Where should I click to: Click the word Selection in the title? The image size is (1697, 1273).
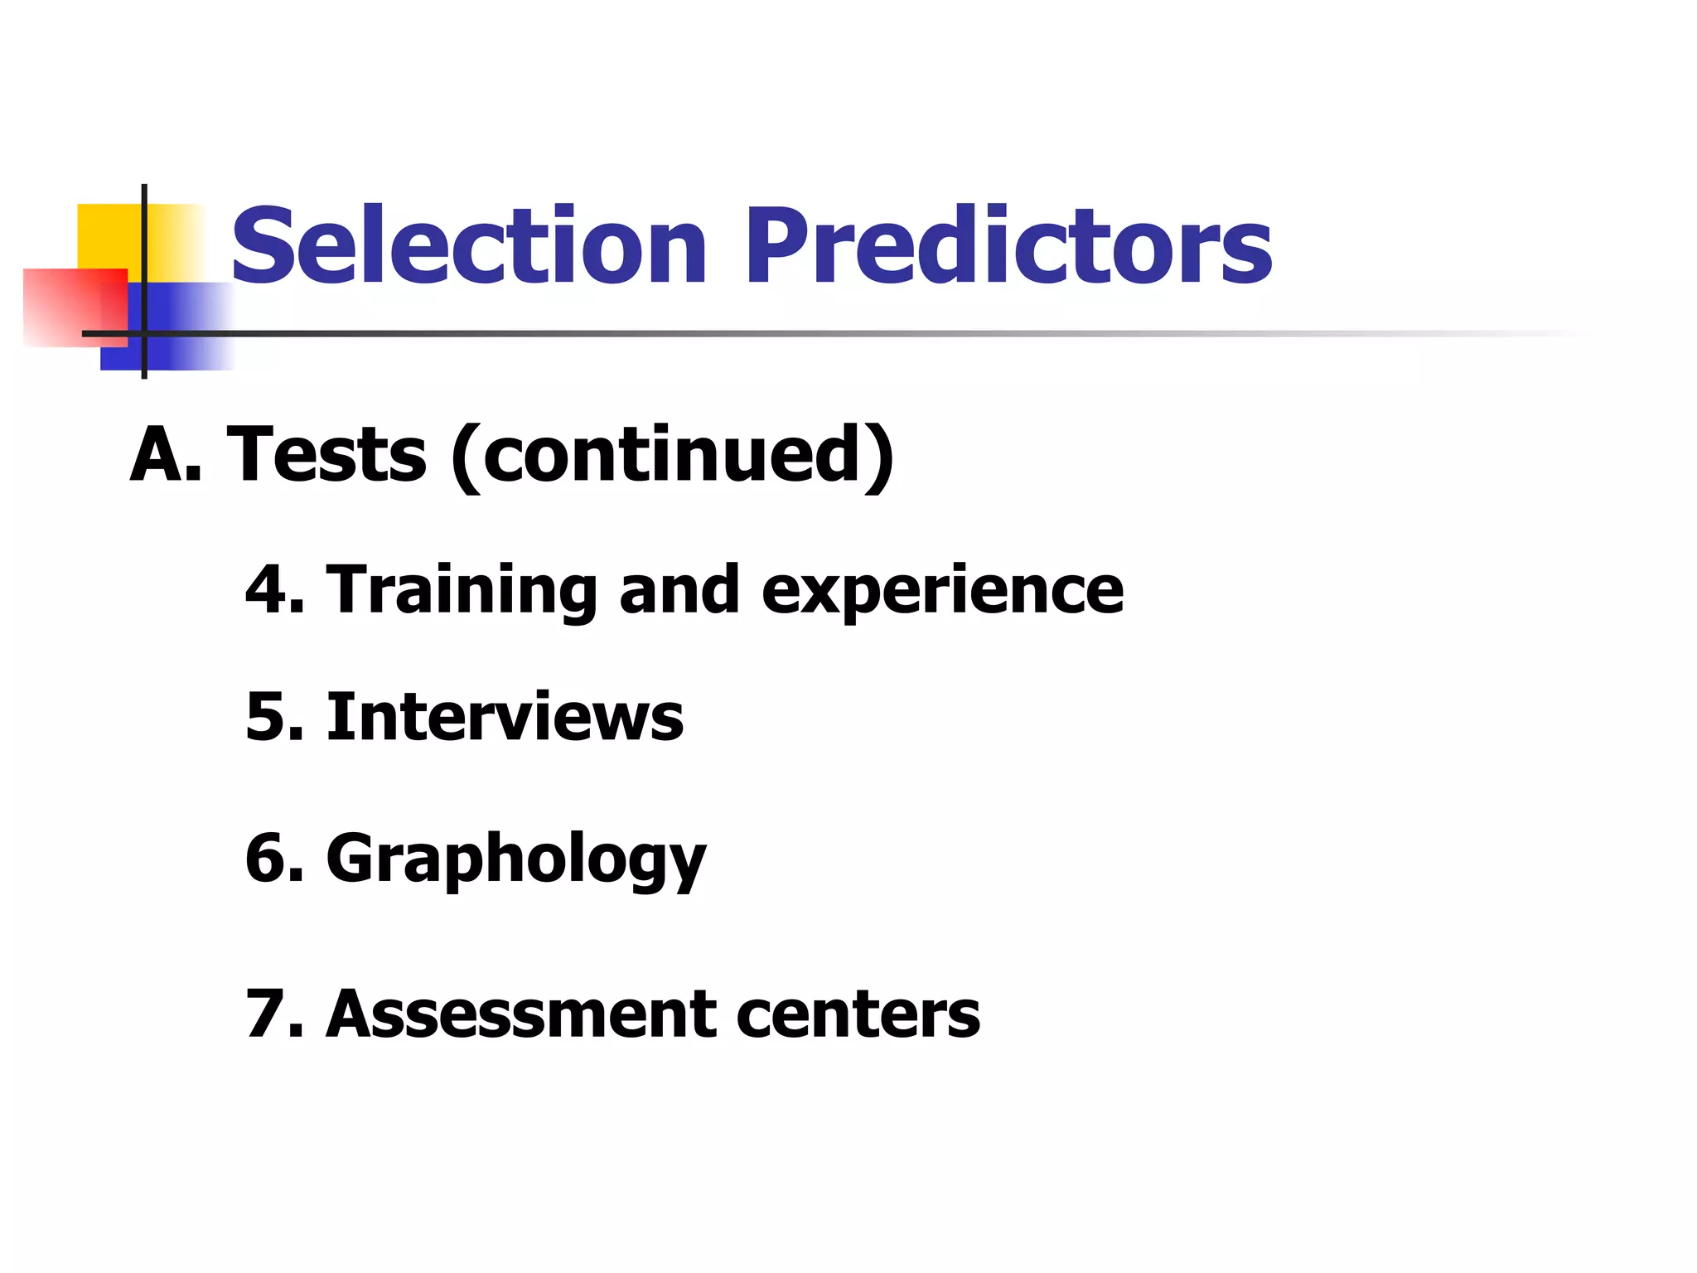[x=469, y=246]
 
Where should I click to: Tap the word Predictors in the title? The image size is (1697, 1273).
[x=1008, y=246]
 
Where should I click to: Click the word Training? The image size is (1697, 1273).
[x=462, y=591]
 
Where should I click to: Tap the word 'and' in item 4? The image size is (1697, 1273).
[x=679, y=589]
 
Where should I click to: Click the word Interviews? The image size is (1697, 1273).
[x=505, y=717]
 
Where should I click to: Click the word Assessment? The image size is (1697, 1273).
[x=520, y=1014]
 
